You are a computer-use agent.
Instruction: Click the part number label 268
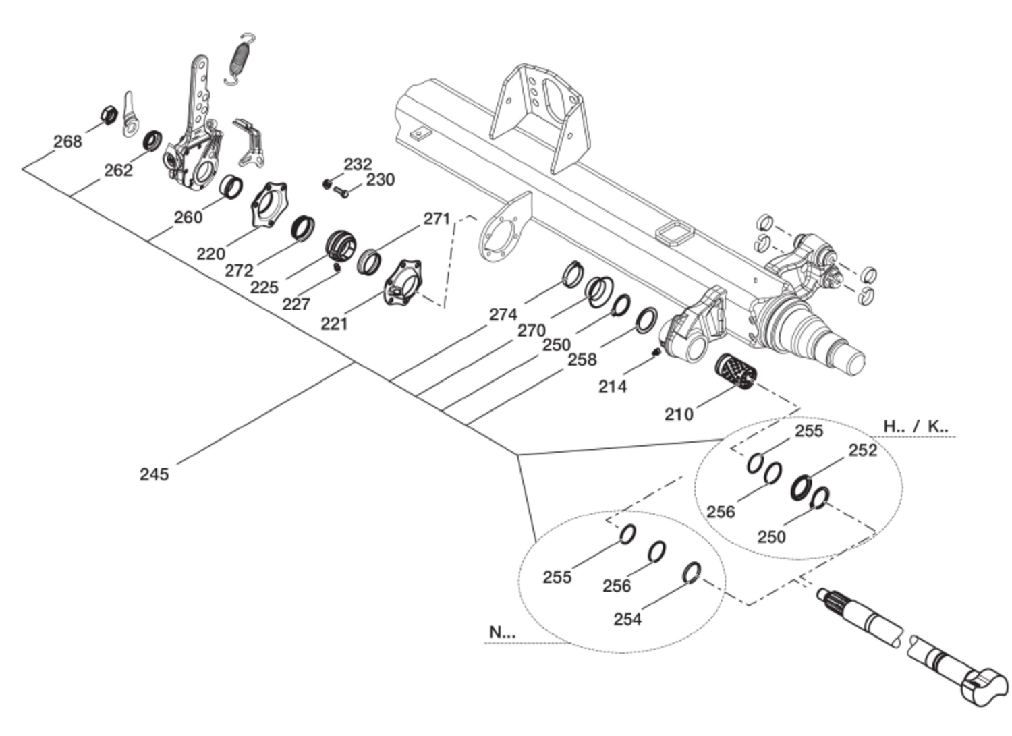pos(67,142)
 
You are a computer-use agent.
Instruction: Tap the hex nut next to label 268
pos(108,115)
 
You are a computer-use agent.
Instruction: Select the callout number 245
pos(154,474)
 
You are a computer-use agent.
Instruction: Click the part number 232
pos(358,164)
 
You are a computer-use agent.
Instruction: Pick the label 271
pos(437,219)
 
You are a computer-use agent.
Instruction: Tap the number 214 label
pos(612,387)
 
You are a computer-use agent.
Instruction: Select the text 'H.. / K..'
pos(916,426)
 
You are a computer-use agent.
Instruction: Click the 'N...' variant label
pos(502,632)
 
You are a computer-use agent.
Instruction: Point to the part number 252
pos(862,451)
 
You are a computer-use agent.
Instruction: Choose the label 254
pos(627,619)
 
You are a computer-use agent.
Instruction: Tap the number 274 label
pos(503,314)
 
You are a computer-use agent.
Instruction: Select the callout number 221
pos(334,324)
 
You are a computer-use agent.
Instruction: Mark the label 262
pos(118,171)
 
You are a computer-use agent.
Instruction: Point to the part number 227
pos(296,304)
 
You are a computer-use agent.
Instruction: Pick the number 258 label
pos(582,360)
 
